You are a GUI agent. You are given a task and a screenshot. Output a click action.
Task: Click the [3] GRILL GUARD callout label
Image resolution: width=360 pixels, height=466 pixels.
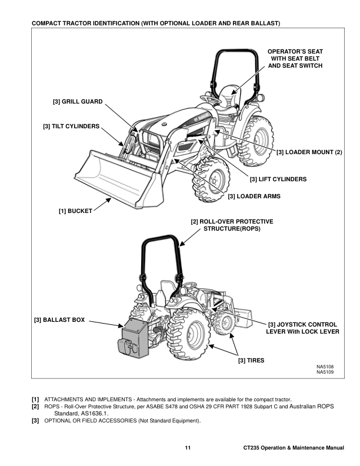78,102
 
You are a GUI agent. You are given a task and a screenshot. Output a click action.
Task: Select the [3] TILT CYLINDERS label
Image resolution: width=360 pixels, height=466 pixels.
71,126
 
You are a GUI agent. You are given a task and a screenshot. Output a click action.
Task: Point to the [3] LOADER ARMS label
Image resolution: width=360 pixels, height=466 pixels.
254,196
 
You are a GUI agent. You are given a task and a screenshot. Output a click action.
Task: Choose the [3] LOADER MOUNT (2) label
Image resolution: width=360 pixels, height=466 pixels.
309,153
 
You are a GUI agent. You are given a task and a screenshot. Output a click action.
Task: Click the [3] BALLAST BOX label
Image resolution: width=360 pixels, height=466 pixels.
59,320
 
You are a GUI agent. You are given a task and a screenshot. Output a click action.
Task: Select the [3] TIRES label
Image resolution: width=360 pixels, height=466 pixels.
251,360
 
